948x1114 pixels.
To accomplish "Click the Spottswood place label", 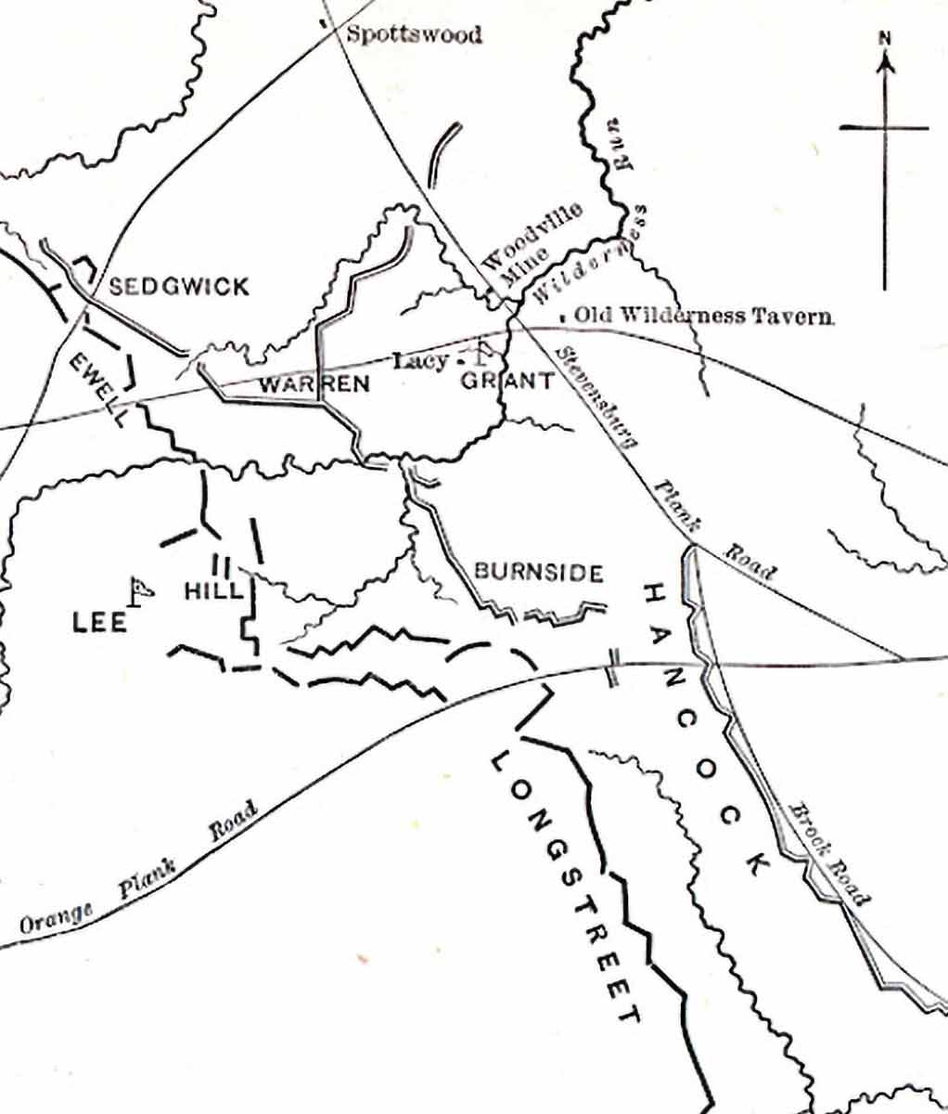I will click(414, 35).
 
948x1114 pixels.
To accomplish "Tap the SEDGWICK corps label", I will click(179, 286).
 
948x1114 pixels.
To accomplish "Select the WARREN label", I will click(314, 383).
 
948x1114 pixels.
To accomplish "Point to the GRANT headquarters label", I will click(507, 381).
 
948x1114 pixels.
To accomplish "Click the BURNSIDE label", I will click(539, 573).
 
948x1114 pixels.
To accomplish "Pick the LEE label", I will click(99, 623).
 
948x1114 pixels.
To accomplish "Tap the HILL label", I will click(213, 590).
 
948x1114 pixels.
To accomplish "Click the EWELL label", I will click(98, 389).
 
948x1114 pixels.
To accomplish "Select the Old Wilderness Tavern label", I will click(703, 316).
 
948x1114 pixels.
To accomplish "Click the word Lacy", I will click(420, 360).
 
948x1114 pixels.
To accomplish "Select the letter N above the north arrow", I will click(885, 39).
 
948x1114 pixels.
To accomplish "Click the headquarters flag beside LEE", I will click(140, 589).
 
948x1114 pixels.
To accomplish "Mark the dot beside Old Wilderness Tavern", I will click(563, 317).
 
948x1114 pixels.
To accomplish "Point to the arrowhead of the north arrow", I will click(885, 61).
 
